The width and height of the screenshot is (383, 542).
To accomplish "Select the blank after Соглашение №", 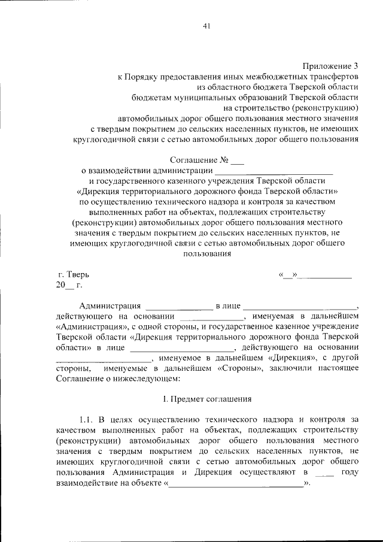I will coord(238,161).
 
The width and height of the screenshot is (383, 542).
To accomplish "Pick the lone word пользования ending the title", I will coord(207,253).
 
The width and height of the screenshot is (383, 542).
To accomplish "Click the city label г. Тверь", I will coord(72,274).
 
